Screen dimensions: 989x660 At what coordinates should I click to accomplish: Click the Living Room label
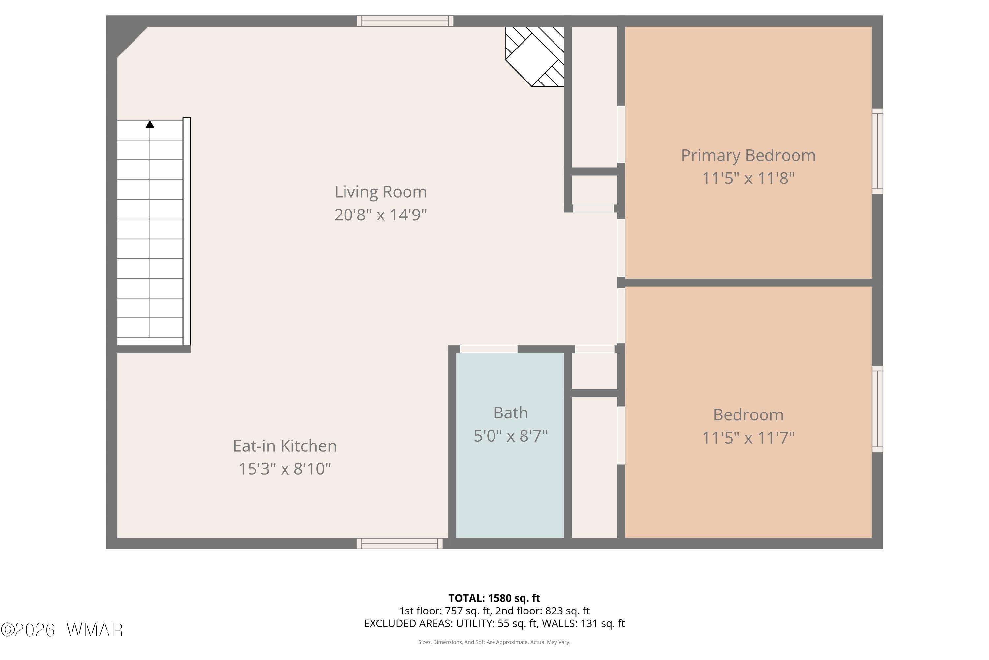click(x=380, y=192)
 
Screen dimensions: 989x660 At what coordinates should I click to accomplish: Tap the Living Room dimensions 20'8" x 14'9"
click(x=380, y=215)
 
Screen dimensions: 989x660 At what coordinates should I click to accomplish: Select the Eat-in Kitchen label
click(x=285, y=446)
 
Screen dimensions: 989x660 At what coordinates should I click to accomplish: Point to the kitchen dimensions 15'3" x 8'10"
click(x=285, y=469)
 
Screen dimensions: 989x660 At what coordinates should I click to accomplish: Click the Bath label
click(x=510, y=413)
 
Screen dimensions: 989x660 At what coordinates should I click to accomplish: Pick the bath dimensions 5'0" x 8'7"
click(x=510, y=436)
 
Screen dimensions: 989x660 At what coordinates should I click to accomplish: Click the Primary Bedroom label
click(x=748, y=156)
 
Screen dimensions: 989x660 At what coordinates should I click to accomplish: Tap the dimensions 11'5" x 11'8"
click(x=748, y=178)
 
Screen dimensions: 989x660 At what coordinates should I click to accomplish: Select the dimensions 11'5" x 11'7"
click(x=748, y=438)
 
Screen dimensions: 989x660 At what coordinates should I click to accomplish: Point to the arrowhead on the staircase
click(x=150, y=124)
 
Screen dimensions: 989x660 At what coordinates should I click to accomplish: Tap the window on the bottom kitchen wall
click(x=400, y=544)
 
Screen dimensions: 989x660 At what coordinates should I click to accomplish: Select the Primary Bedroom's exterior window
click(x=877, y=151)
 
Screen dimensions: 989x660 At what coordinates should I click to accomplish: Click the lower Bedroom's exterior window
click(x=877, y=409)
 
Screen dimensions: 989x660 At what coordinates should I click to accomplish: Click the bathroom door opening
click(x=489, y=349)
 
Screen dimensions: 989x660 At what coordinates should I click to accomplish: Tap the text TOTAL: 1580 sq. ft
click(x=494, y=598)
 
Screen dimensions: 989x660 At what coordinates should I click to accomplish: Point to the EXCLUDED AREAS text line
click(x=494, y=623)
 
